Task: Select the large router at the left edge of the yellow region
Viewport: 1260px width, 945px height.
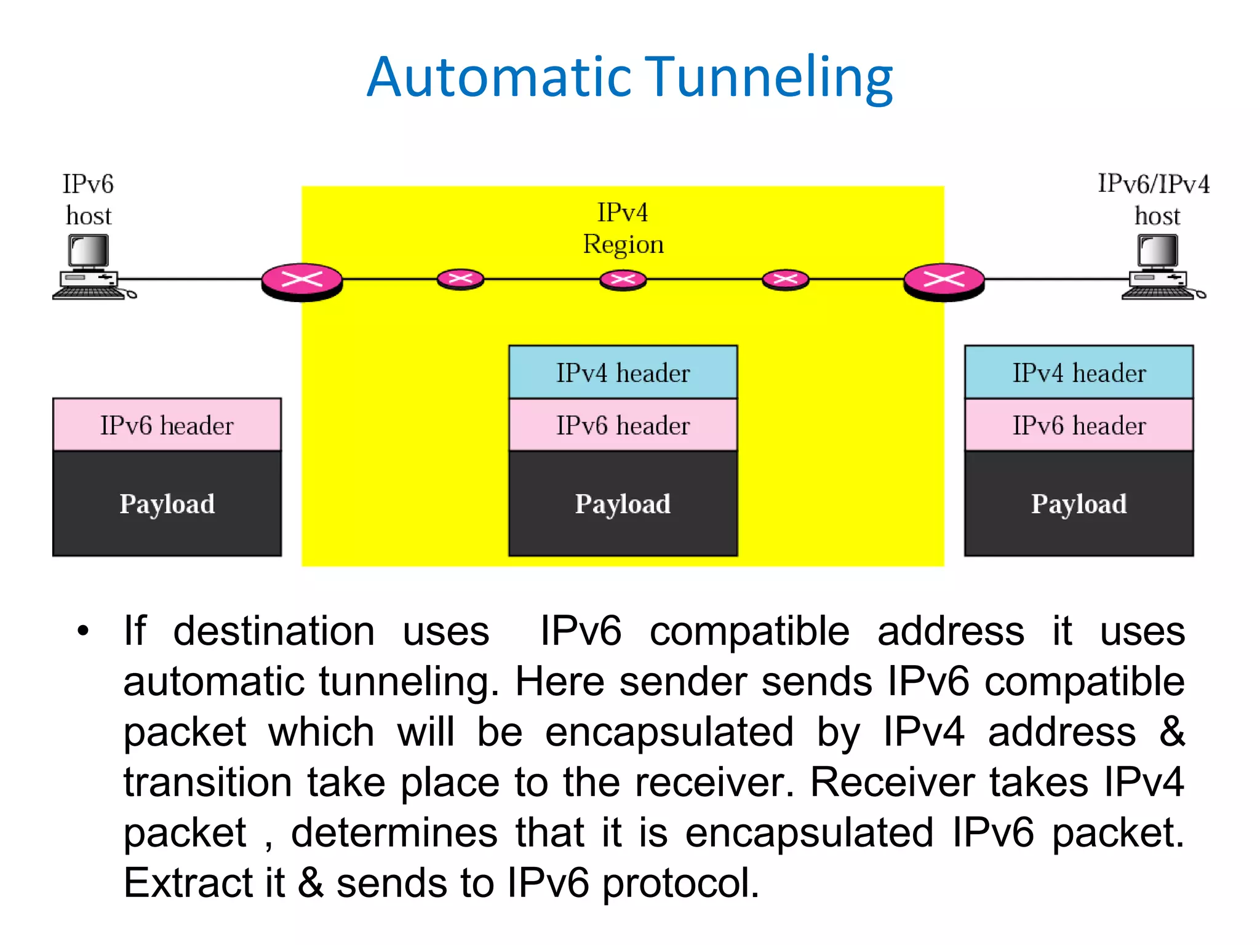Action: click(x=301, y=282)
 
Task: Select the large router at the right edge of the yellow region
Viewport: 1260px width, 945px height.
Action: click(x=944, y=282)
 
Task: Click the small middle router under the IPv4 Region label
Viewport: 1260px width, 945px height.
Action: click(x=623, y=280)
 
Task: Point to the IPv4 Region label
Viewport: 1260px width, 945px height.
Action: click(x=623, y=228)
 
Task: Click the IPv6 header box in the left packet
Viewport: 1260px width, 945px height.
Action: click(x=167, y=425)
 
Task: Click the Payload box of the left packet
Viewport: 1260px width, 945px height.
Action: click(x=167, y=504)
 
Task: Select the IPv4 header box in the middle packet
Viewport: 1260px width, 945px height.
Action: click(x=623, y=372)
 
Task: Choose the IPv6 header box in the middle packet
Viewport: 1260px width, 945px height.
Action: click(x=623, y=425)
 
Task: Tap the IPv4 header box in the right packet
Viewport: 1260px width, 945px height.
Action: click(x=1079, y=372)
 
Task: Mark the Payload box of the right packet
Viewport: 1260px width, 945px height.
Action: click(x=1079, y=504)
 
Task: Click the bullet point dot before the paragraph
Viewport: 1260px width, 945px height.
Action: click(x=83, y=631)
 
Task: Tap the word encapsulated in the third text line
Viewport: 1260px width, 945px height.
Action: click(x=669, y=732)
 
